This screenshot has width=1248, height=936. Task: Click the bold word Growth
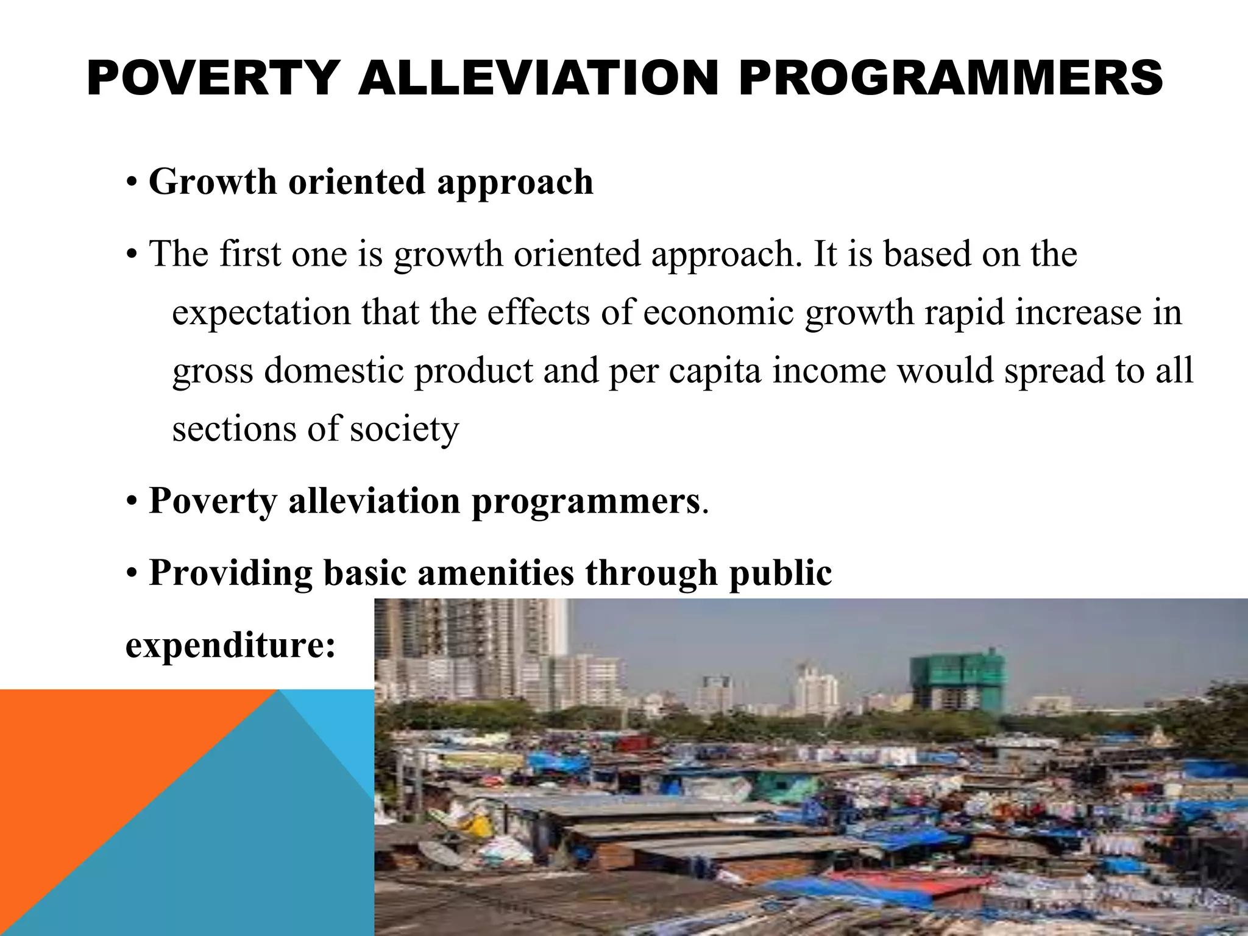pos(213,182)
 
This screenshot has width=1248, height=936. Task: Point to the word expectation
pos(262,313)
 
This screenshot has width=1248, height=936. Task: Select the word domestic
pos(334,370)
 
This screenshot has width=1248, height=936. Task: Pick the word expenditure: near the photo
pos(230,645)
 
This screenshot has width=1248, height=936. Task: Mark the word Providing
pos(230,573)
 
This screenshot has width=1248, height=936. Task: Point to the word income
pos(829,370)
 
